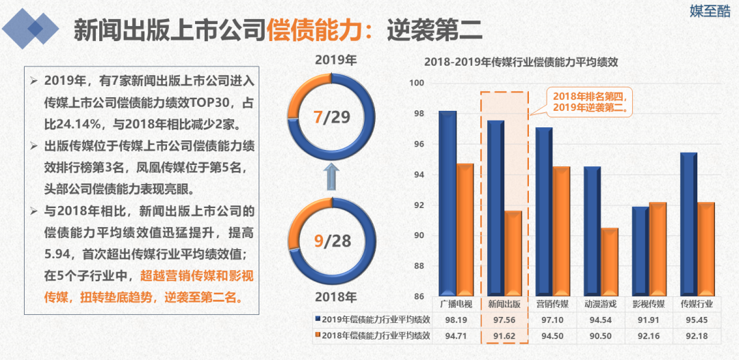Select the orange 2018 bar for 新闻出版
pyautogui.click(x=513, y=253)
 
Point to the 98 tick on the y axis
pyautogui.click(x=417, y=114)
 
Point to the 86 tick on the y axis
pyautogui.click(x=417, y=296)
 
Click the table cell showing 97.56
pyautogui.click(x=504, y=320)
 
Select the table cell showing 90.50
pyautogui.click(x=601, y=335)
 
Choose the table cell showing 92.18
pyautogui.click(x=697, y=335)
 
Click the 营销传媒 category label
pyautogui.click(x=552, y=304)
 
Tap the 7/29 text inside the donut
pyautogui.click(x=331, y=117)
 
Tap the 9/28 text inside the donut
pyautogui.click(x=331, y=241)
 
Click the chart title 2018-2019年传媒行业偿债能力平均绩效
pyautogui.click(x=521, y=62)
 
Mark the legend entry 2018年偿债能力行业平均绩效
pyautogui.click(x=376, y=335)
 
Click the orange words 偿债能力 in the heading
pyautogui.click(x=312, y=29)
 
